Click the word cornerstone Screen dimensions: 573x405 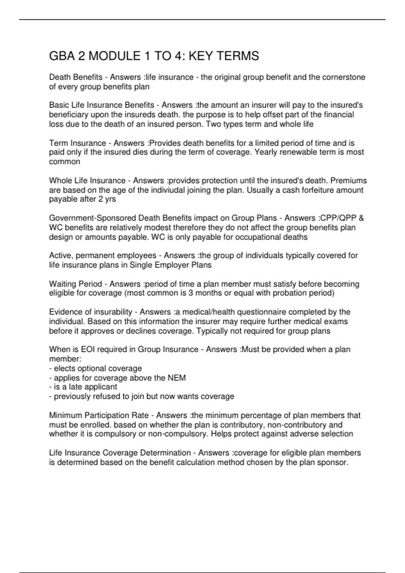344,77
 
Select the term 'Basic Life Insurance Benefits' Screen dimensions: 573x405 102,105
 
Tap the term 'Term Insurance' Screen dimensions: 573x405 77,143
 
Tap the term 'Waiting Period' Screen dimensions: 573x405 75,284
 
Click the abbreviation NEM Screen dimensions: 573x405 177,378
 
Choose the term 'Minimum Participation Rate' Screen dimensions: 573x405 99,415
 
